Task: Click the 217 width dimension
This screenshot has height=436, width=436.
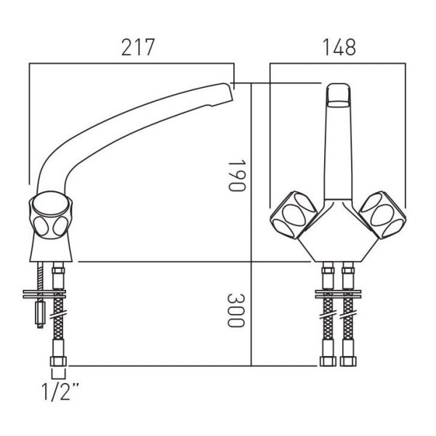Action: (138, 47)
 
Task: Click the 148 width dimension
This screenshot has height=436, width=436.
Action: (339, 47)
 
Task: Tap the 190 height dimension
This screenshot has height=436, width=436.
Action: (237, 175)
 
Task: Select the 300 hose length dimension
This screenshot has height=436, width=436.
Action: (236, 310)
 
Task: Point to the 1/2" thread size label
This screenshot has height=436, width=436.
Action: (60, 392)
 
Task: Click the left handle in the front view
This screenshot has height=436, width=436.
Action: (294, 214)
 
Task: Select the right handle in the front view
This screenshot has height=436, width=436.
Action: (382, 214)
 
